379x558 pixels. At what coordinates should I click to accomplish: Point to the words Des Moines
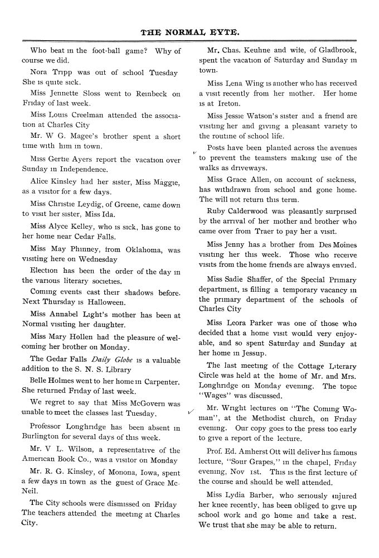(335, 244)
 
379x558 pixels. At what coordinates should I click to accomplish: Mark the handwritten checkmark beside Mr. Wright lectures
(191, 411)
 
